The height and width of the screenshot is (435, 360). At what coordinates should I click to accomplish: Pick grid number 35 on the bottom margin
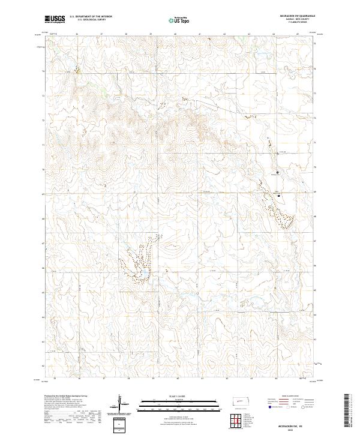(x=55, y=379)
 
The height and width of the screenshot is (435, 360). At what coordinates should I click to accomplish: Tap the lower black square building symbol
(x=279, y=195)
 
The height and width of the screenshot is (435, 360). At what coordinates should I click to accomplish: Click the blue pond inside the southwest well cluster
(x=143, y=277)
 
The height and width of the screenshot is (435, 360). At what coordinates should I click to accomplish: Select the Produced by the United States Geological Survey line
(x=63, y=397)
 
